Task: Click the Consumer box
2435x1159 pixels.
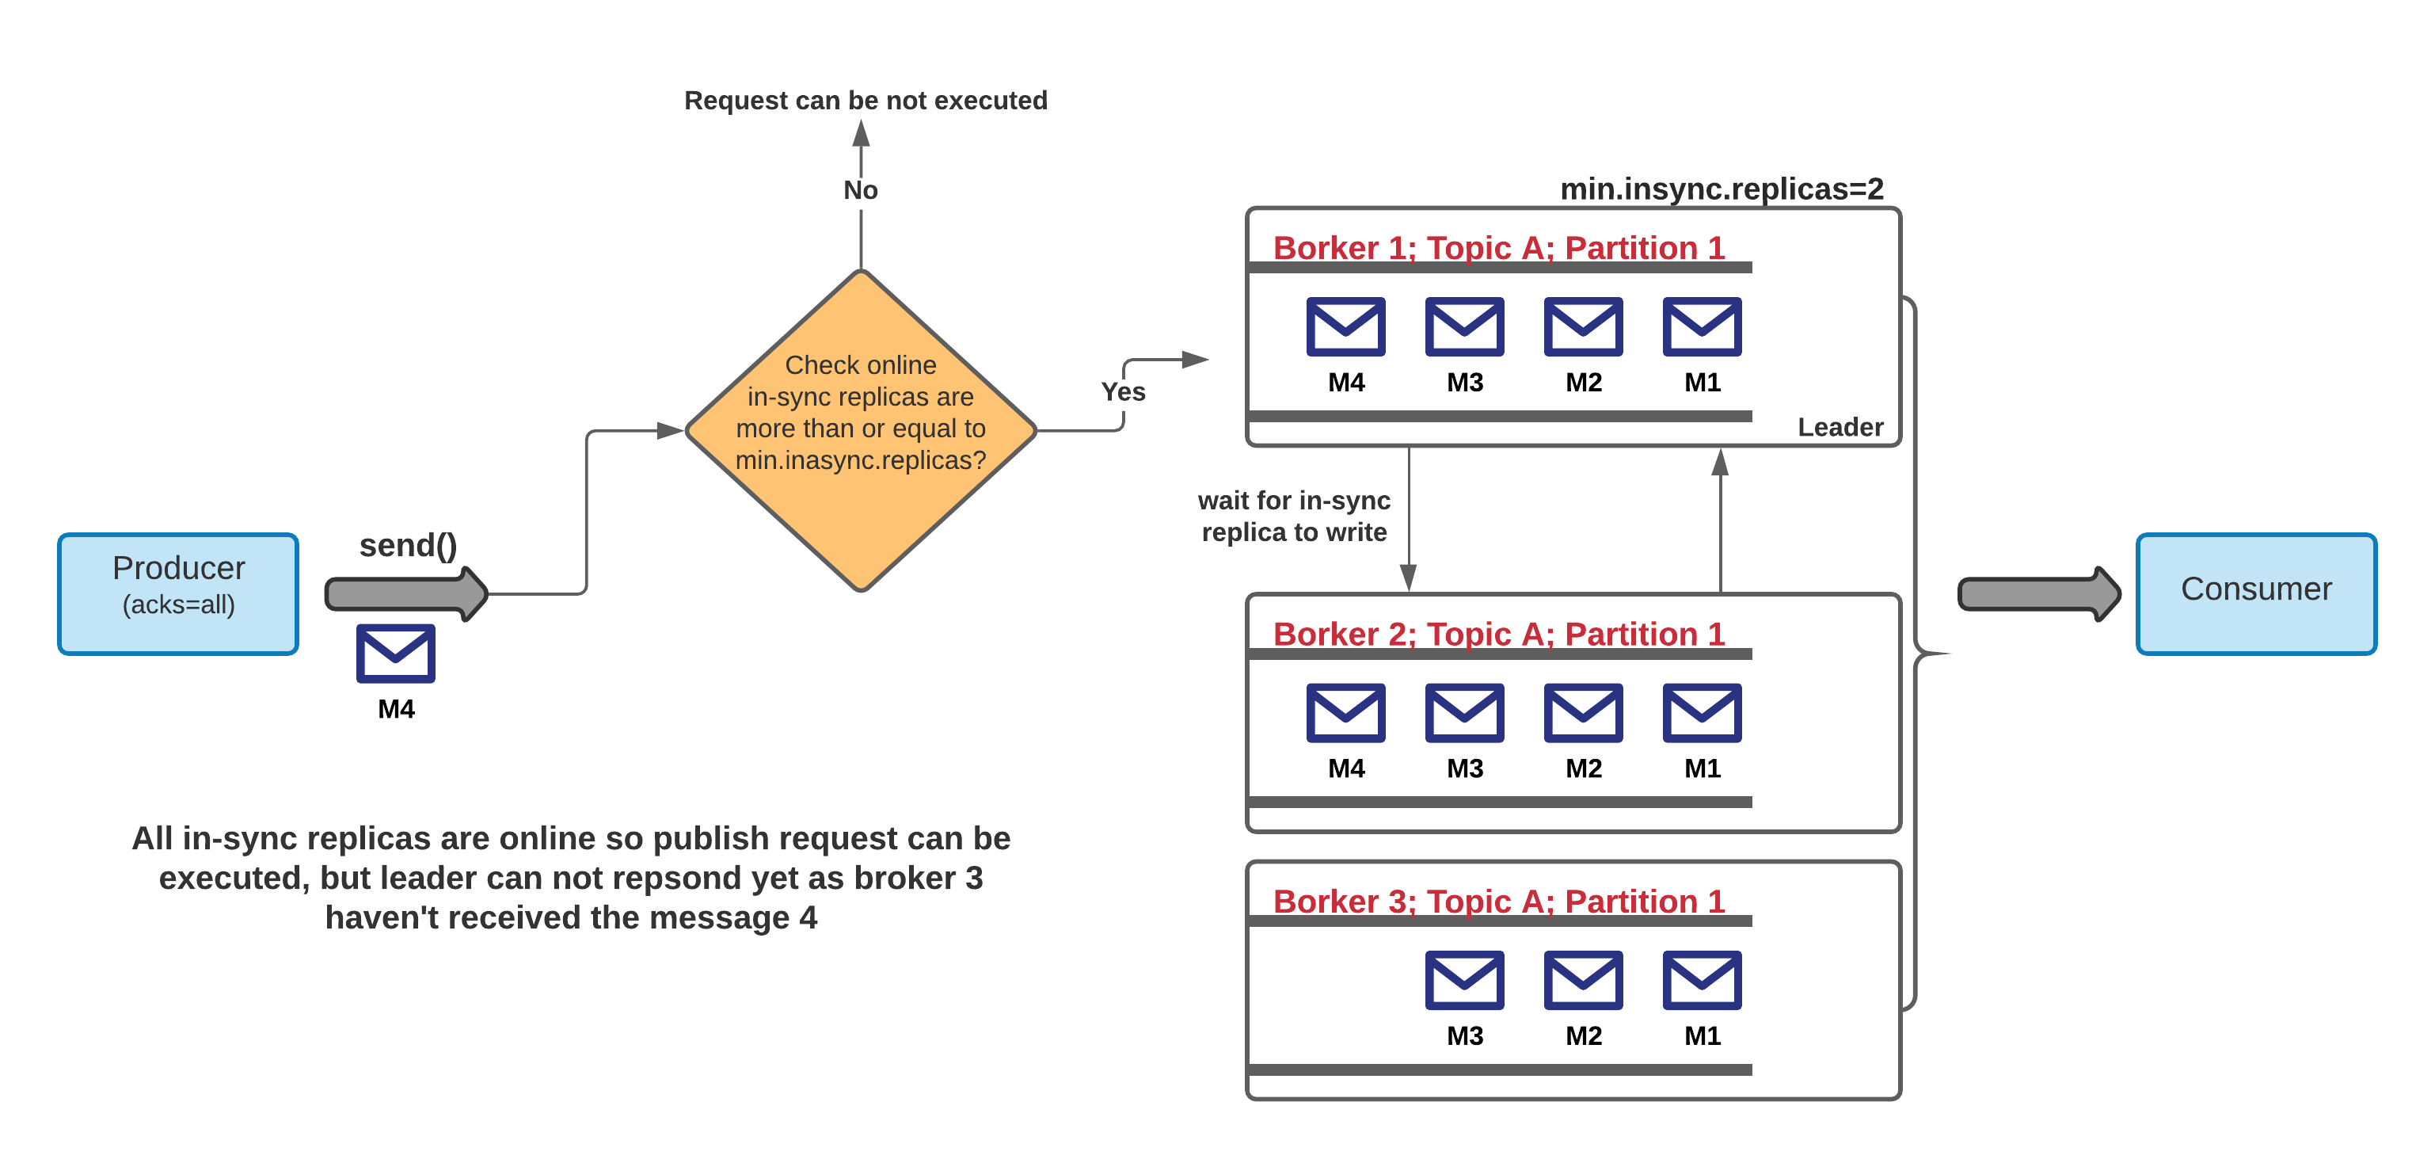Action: click(2255, 593)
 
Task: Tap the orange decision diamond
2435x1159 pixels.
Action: click(860, 430)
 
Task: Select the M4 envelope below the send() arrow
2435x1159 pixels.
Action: click(395, 654)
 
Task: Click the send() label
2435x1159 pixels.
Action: click(407, 546)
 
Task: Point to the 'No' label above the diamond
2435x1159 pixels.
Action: click(860, 190)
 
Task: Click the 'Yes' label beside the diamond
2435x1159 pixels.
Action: click(1122, 391)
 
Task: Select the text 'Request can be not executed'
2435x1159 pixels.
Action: click(865, 100)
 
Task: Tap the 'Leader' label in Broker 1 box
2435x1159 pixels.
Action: click(1840, 427)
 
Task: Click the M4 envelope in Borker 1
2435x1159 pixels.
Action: click(1345, 326)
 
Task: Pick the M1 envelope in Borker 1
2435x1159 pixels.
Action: click(1702, 326)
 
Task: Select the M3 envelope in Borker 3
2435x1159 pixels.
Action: click(1464, 980)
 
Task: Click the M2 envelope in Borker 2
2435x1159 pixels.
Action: click(1583, 713)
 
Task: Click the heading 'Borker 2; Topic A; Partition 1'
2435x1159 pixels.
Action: click(1498, 634)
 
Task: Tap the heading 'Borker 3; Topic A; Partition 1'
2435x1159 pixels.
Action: click(1498, 901)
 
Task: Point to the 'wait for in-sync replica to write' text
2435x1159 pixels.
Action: click(1293, 517)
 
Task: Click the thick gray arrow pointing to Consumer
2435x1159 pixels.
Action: click(2037, 593)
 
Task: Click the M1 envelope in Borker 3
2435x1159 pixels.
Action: click(1702, 980)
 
